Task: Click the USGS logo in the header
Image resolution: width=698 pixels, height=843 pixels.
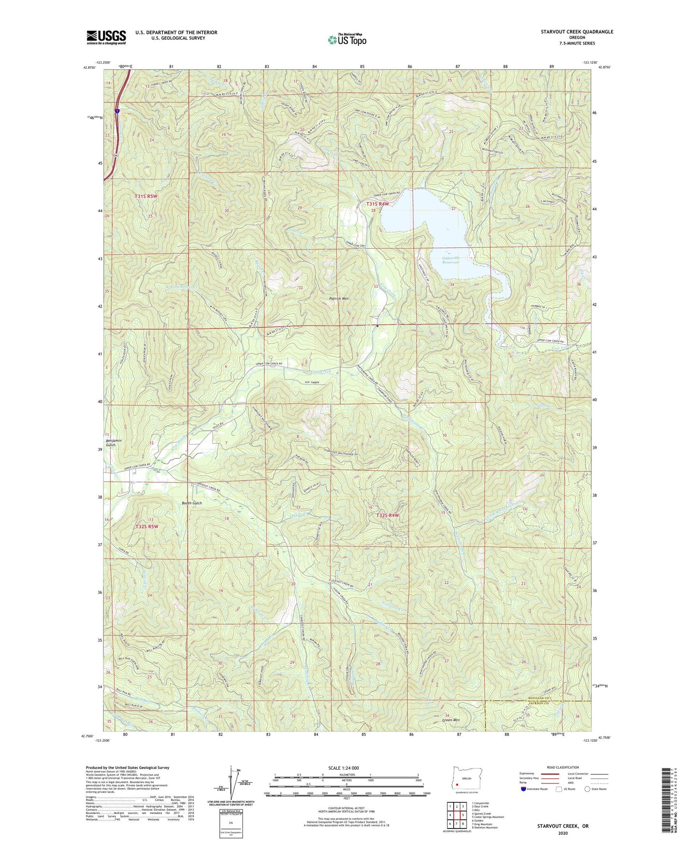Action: tap(106, 37)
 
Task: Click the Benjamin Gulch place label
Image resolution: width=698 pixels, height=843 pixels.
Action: tap(111, 443)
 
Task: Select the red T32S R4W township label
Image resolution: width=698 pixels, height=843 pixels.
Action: tap(388, 515)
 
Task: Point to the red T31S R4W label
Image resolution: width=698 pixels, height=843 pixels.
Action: tap(377, 204)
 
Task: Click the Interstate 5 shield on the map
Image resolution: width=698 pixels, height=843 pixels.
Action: tap(117, 111)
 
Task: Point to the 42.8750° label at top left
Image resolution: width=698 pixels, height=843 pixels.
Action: tap(89, 68)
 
